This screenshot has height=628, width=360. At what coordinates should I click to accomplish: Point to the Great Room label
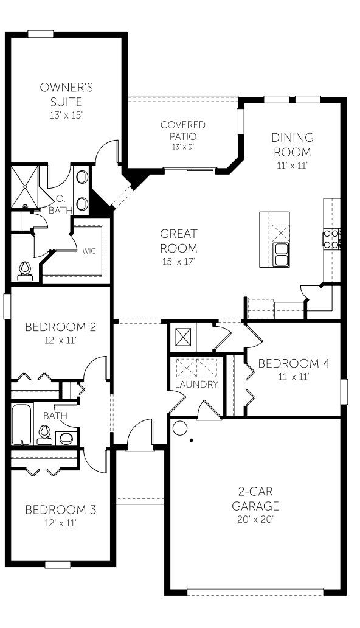click(x=179, y=240)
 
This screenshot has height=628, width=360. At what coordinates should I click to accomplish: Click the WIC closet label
click(x=89, y=250)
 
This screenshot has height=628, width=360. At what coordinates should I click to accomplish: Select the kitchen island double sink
click(x=282, y=254)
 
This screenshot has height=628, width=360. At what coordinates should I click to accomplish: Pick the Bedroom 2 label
click(x=60, y=327)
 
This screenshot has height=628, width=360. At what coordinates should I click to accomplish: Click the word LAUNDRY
click(x=196, y=385)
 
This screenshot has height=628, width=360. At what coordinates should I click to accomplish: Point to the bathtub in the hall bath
click(x=21, y=425)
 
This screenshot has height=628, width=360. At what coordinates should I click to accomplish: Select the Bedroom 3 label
click(x=60, y=509)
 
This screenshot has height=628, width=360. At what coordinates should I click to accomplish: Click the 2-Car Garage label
click(x=255, y=498)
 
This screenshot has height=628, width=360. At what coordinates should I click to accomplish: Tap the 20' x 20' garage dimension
click(x=255, y=520)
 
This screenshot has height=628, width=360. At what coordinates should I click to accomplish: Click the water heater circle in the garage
click(x=179, y=428)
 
